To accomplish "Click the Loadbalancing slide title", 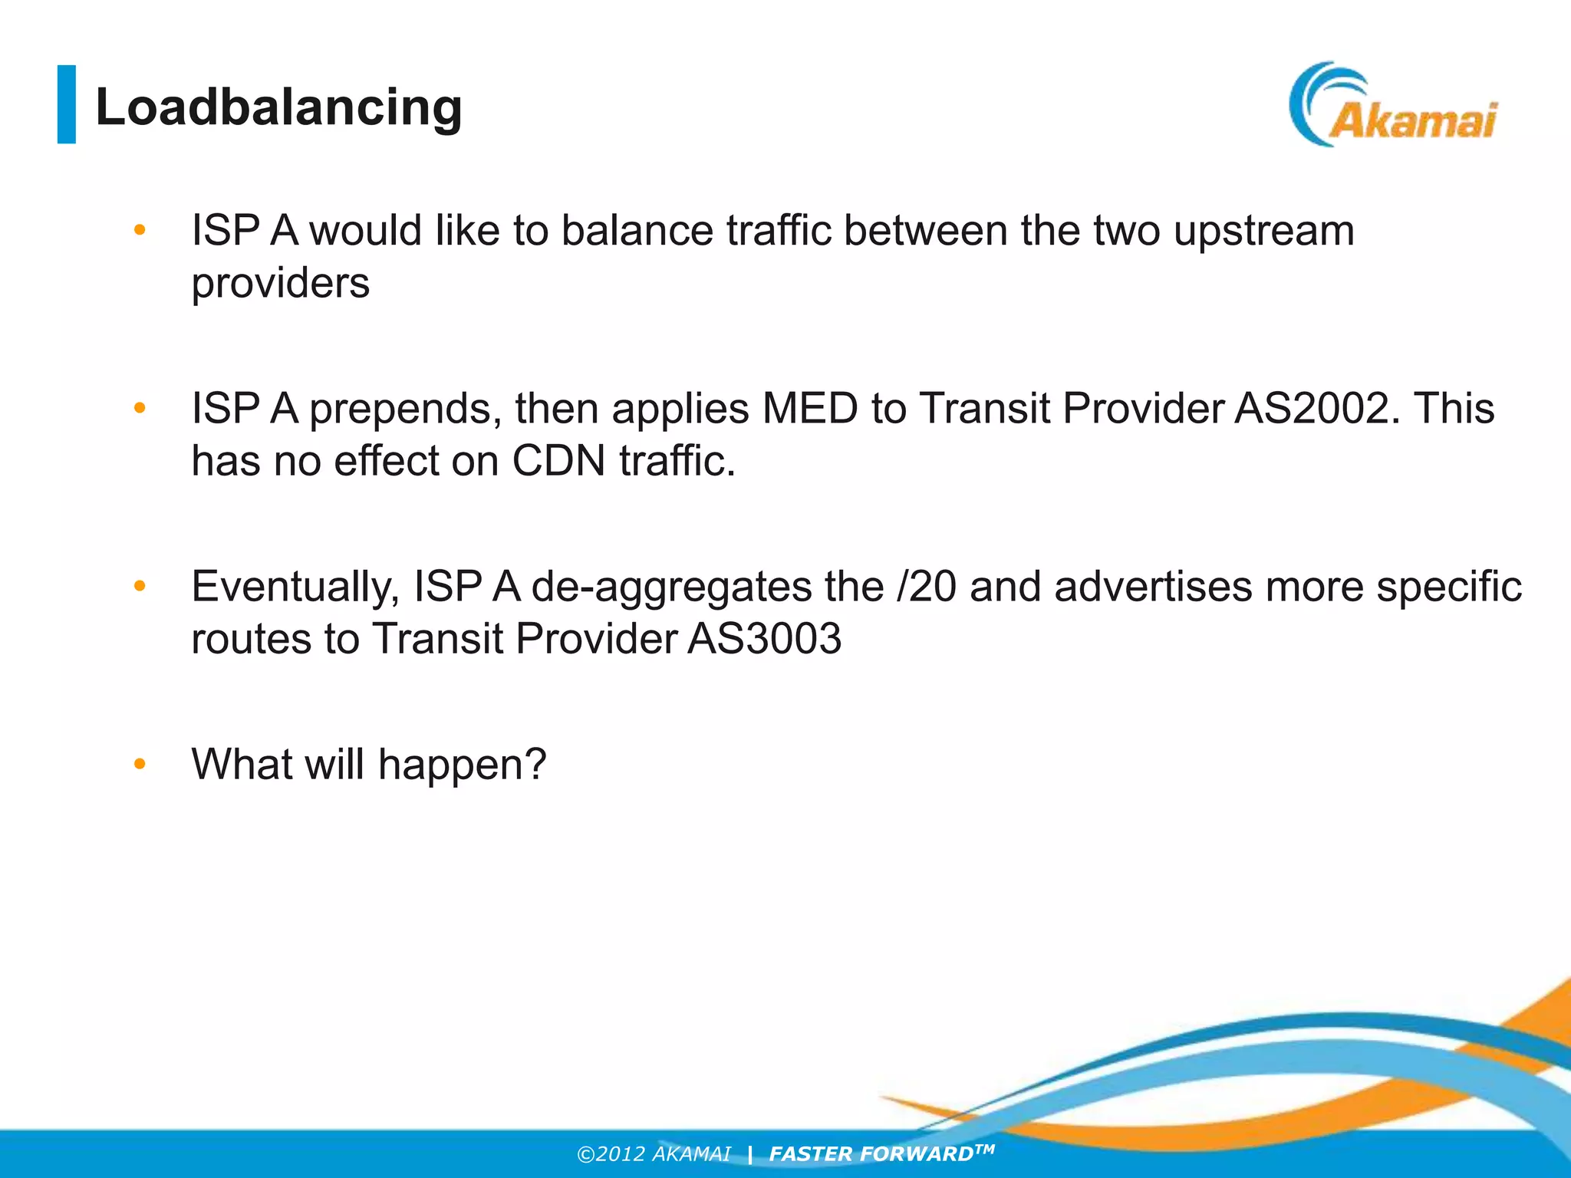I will click(278, 107).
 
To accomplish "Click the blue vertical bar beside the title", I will click(67, 104).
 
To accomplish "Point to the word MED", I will click(809, 408).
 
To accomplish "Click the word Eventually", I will click(295, 587).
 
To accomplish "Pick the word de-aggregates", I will click(671, 587).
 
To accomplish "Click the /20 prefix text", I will click(926, 587).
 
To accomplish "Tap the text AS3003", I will click(764, 639).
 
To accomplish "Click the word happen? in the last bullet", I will click(462, 765).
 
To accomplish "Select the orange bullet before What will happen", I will click(140, 764).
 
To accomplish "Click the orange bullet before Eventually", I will click(140, 587).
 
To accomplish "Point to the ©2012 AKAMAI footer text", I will click(654, 1154).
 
